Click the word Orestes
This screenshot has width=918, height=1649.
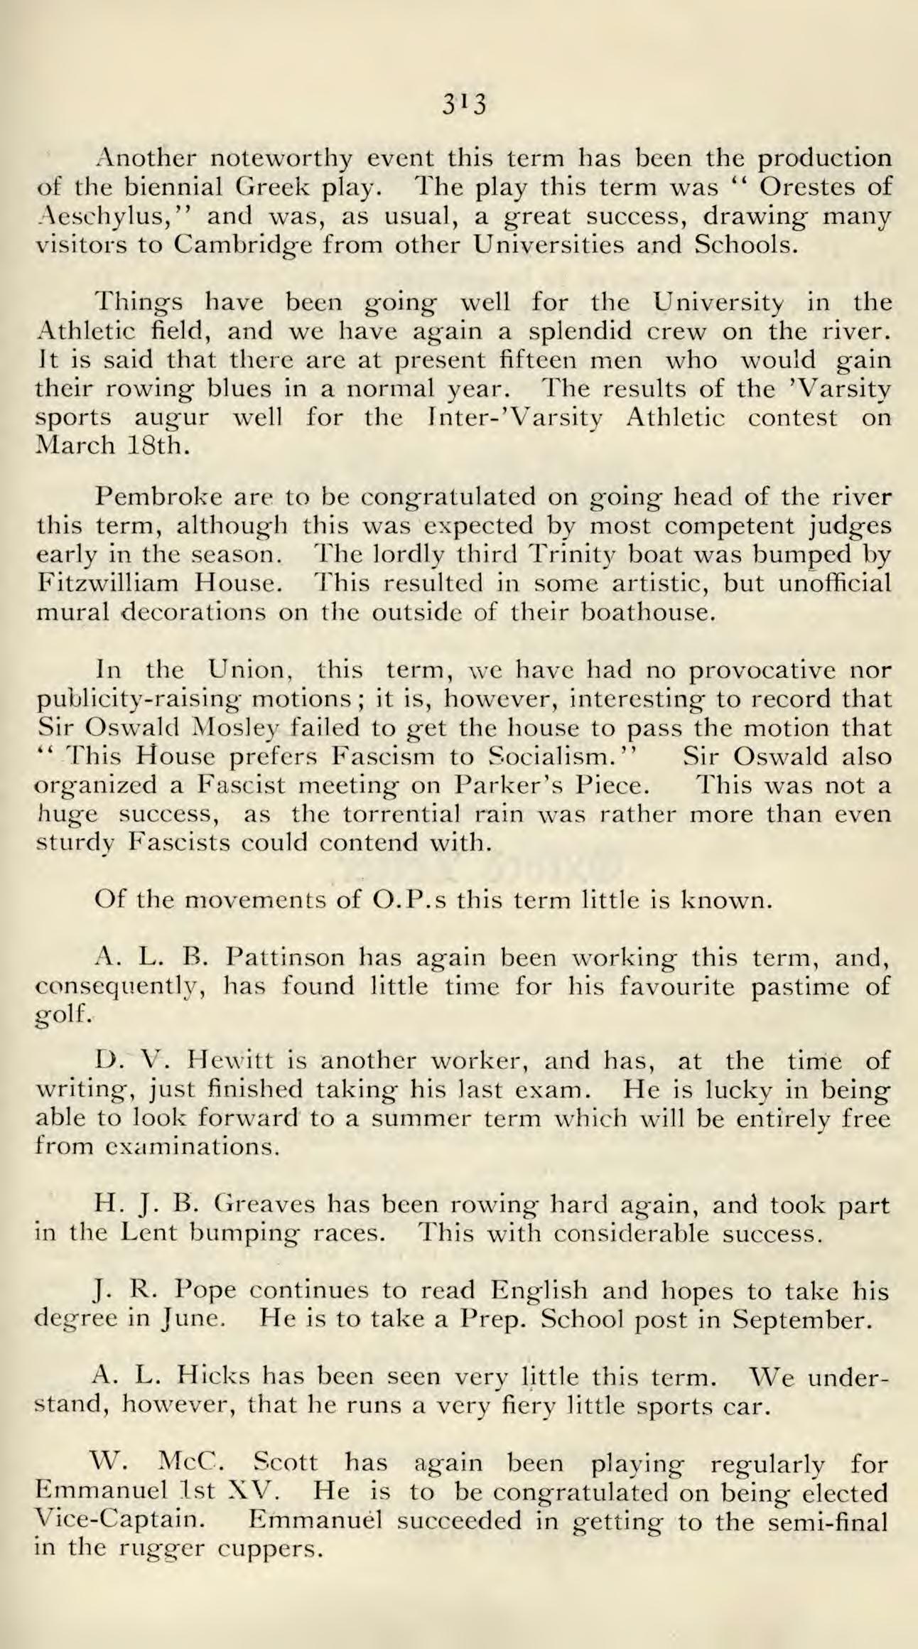pos(804,187)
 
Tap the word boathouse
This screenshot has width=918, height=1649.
pos(647,612)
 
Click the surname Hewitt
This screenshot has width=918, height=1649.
pos(217,1061)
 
